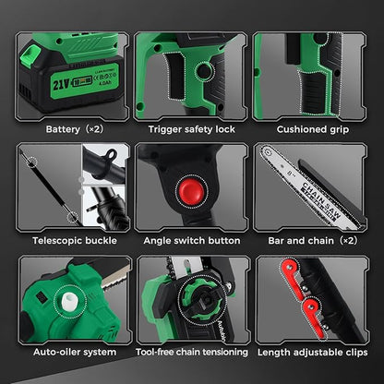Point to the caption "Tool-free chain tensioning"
point(191,352)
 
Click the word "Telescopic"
point(51,240)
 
